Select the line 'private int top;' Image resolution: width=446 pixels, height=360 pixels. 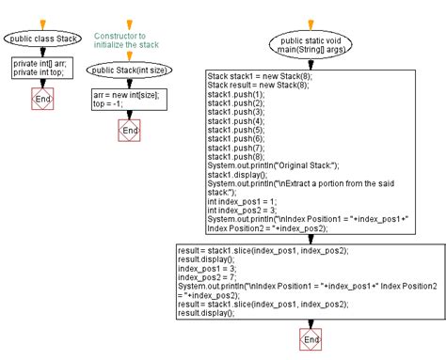coord(38,70)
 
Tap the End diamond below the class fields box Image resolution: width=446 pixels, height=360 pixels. coord(41,99)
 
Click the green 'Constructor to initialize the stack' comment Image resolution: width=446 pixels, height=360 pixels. coord(127,40)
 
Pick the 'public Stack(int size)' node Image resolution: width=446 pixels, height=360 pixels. coord(128,70)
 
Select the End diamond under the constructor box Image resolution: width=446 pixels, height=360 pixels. coord(128,131)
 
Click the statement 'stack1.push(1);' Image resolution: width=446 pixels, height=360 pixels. coord(236,95)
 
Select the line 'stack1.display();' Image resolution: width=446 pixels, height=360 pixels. coord(238,174)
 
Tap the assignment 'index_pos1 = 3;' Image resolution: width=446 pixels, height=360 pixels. coord(207,269)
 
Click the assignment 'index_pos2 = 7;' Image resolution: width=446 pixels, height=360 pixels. coord(207,277)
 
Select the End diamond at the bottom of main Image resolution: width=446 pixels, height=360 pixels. coord(307,337)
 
